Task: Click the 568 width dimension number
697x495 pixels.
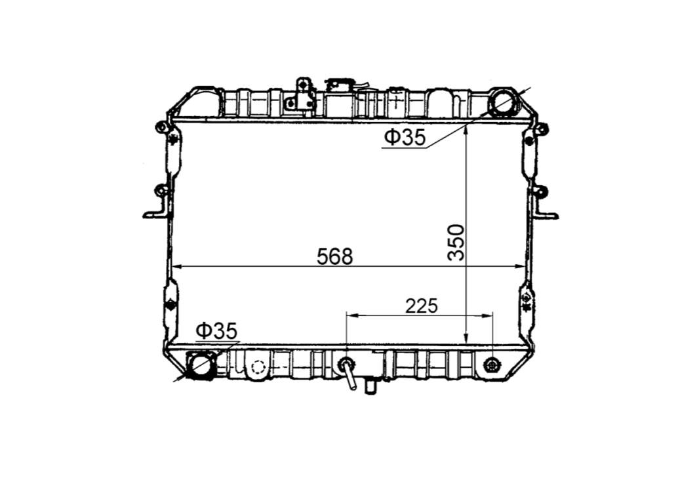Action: (334, 256)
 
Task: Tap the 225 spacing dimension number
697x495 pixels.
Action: (421, 306)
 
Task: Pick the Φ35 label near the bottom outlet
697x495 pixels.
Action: (216, 332)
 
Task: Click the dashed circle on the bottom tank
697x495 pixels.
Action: (258, 367)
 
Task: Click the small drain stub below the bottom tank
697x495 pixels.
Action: (370, 387)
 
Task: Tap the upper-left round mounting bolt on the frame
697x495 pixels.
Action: (159, 127)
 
